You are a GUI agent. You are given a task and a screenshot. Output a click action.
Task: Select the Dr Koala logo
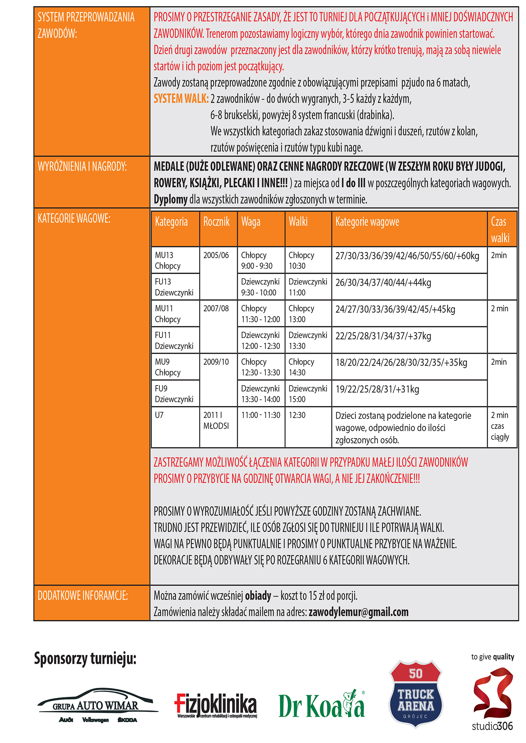coord(322,705)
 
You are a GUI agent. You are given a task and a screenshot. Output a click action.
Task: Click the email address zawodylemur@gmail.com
coord(358,612)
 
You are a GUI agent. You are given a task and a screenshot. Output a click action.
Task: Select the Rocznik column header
coord(216,222)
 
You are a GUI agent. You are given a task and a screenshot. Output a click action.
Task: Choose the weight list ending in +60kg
coord(407,256)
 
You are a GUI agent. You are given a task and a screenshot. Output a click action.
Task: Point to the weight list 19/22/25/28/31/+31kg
coord(377,389)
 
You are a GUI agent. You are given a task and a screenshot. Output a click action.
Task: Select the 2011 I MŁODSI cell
coord(216,420)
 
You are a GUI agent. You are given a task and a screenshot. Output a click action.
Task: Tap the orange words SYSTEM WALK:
coord(181,99)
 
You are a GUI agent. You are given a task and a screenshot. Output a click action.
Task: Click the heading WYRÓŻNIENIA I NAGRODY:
coord(82,166)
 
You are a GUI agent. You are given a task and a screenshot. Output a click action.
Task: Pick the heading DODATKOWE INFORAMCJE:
coord(83,595)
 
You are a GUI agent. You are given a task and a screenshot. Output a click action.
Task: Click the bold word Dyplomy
coord(171,199)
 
